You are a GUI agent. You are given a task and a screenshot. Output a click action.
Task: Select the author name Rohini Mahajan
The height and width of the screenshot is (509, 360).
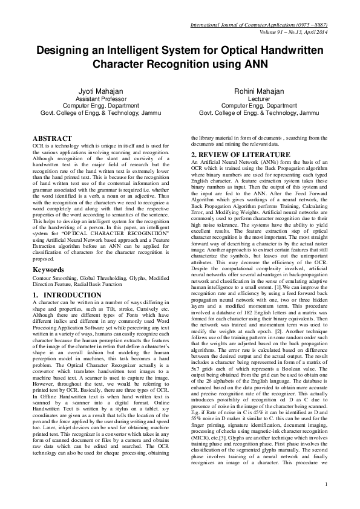(260, 91)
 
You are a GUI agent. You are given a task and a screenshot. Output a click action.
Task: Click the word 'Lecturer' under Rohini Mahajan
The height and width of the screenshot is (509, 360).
(260, 98)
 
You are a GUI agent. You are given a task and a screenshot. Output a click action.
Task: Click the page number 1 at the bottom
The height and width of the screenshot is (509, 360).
(326, 484)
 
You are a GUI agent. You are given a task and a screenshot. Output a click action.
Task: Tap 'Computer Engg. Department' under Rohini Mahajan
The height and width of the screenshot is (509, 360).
(260, 105)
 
